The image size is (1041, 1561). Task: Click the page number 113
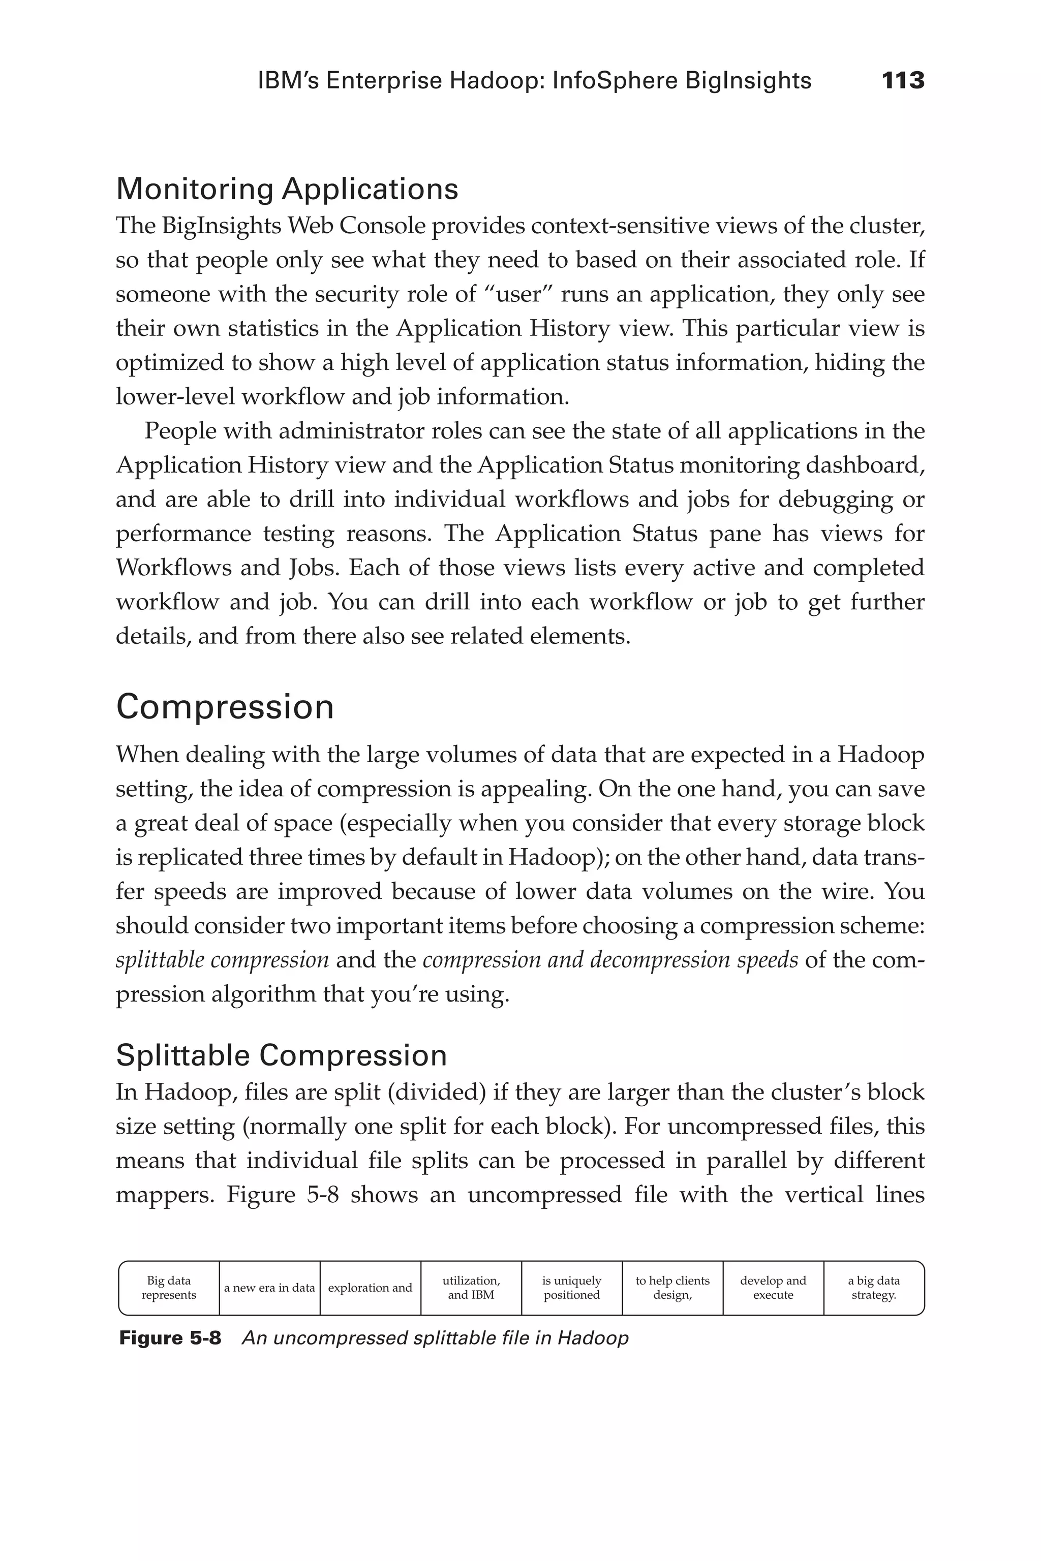coord(903,81)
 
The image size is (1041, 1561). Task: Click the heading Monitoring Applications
coord(287,189)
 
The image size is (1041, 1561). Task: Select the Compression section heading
coord(224,707)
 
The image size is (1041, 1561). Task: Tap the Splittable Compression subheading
coord(281,1055)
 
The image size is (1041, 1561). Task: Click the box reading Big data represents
coord(169,1288)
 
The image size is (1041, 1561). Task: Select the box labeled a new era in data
coord(269,1288)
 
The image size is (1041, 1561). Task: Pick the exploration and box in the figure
coord(370,1288)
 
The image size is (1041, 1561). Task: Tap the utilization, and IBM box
coord(471,1288)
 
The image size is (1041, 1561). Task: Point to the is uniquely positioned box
coord(572,1288)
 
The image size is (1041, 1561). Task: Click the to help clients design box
coord(672,1288)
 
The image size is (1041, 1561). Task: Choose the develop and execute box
coord(773,1288)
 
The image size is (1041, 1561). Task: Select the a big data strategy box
coord(874,1288)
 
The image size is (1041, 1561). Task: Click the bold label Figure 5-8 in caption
coord(170,1338)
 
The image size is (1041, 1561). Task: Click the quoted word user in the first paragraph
coord(518,294)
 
